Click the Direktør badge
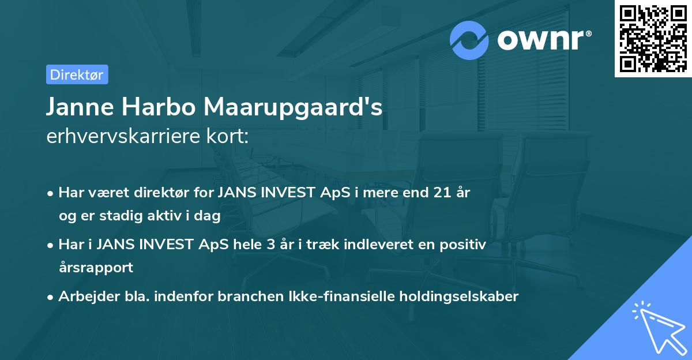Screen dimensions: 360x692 pyautogui.click(x=77, y=74)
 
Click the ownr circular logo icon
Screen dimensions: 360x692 pyautogui.click(x=469, y=40)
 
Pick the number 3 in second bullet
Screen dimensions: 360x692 pyautogui.click(x=270, y=245)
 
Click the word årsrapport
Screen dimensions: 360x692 pyautogui.click(x=96, y=267)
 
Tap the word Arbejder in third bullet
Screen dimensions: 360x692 pyautogui.click(x=84, y=297)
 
